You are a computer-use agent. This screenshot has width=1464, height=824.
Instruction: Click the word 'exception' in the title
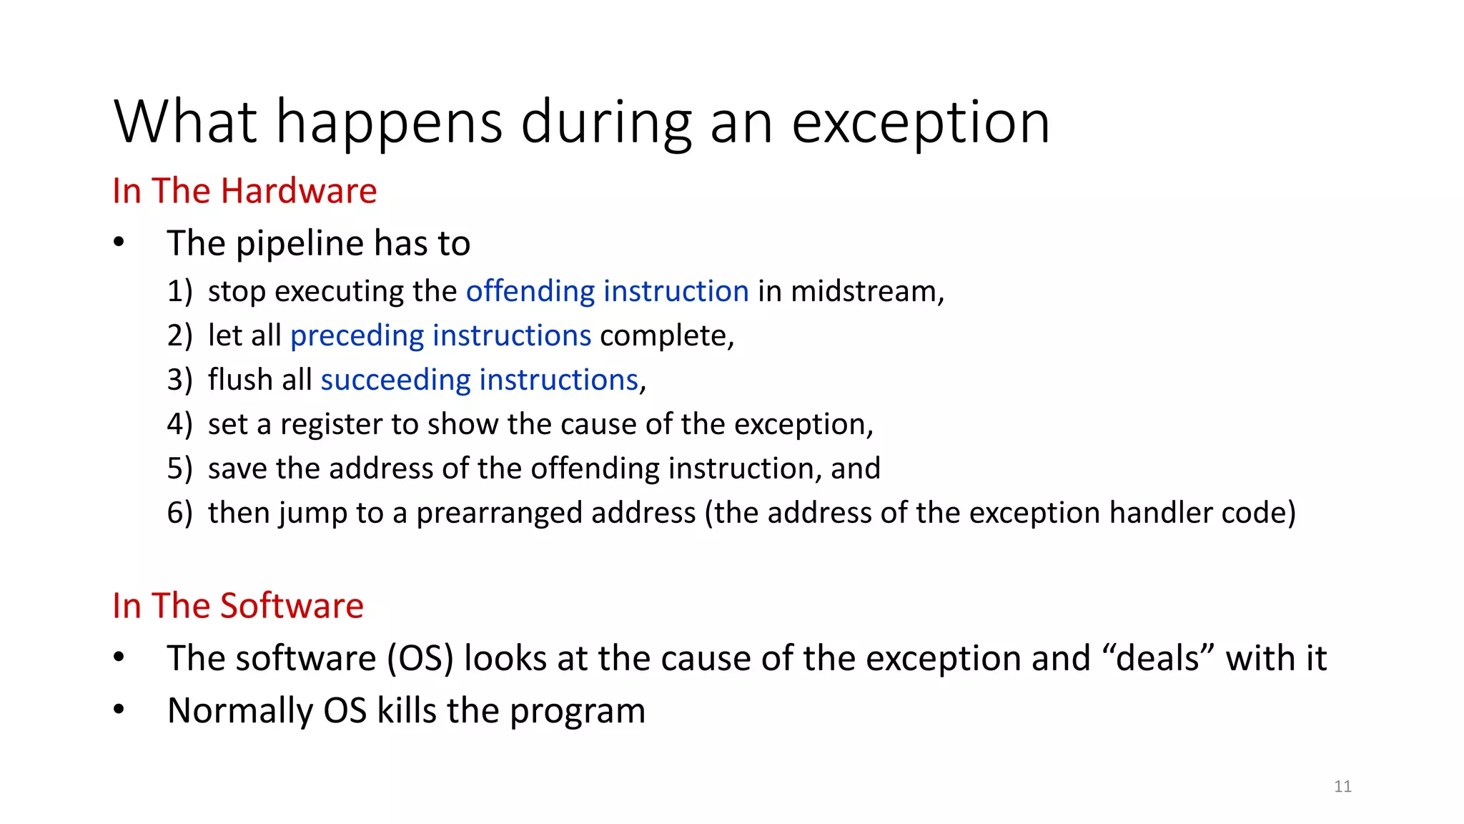click(x=921, y=123)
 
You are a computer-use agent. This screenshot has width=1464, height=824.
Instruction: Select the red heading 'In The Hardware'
click(x=244, y=191)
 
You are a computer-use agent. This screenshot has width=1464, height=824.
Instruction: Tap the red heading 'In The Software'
click(x=238, y=606)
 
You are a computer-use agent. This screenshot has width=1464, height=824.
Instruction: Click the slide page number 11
click(x=1342, y=787)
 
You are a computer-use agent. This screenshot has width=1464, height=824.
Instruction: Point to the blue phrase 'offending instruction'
click(x=607, y=291)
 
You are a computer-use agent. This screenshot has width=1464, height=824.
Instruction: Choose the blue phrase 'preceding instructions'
click(x=440, y=335)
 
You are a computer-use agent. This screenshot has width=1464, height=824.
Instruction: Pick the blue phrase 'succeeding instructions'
click(x=479, y=380)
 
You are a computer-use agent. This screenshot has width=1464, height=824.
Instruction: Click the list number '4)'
click(x=179, y=424)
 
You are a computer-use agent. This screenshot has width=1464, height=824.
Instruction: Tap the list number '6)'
click(x=179, y=513)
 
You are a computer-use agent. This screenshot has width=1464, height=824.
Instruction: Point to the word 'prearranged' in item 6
click(x=555, y=513)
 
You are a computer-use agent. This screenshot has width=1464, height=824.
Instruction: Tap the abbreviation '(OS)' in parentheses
click(x=420, y=658)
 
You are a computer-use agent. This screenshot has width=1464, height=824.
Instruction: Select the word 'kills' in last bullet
click(x=407, y=710)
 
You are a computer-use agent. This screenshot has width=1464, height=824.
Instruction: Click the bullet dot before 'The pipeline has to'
click(x=119, y=243)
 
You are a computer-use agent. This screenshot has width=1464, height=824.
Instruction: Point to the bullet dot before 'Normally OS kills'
click(x=119, y=710)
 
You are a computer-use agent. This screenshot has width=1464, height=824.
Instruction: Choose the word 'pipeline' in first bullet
click(x=300, y=243)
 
